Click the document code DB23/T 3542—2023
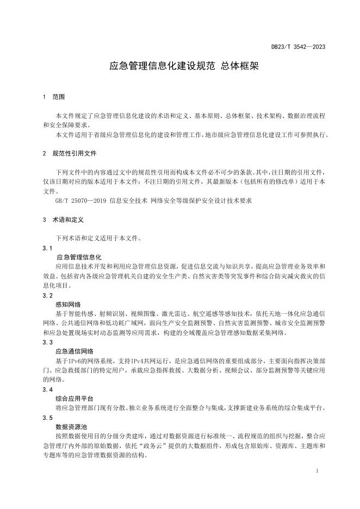click(298, 47)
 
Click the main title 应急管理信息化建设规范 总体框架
click(179, 66)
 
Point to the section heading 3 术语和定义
click(63, 221)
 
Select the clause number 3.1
click(47, 247)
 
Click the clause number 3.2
click(47, 295)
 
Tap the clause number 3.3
click(47, 343)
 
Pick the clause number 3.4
click(47, 390)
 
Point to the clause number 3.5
click(47, 418)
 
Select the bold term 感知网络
click(67, 305)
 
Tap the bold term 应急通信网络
click(75, 352)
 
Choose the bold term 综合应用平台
click(75, 399)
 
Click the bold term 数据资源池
click(71, 427)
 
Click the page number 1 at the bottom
click(317, 470)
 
